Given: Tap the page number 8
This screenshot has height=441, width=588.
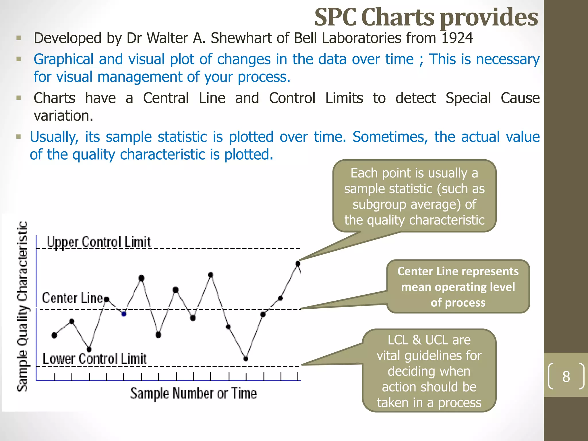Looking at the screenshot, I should pos(566,376).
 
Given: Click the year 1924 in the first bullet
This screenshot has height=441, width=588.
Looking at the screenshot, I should pos(457,38).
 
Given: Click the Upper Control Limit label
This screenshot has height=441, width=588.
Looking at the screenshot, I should pos(98,242).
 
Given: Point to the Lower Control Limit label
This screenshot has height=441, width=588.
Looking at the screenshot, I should pos(94,359).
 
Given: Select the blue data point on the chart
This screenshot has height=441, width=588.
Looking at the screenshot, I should pos(124,314).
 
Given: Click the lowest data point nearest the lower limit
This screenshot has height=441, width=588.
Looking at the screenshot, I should pos(246,359).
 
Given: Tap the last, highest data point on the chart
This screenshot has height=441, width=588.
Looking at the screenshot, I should pos(298,264).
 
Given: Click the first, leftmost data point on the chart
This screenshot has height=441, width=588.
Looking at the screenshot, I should pos(54,335).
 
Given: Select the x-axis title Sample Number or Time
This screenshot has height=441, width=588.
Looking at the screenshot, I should pos(193,393).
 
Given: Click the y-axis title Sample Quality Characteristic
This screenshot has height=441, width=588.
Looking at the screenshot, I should pos(22,306).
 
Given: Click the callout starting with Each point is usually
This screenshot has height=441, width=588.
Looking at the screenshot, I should pos(414,196).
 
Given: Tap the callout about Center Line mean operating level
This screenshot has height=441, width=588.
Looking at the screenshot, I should pos(458,287).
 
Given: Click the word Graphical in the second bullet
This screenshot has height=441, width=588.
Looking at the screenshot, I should pos(63,59).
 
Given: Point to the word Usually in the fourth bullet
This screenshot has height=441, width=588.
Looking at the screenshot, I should pos(54,137).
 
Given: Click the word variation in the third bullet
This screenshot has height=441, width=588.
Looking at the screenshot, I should pos(63,116).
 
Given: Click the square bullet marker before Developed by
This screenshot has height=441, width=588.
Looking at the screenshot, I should pos(19,38).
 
